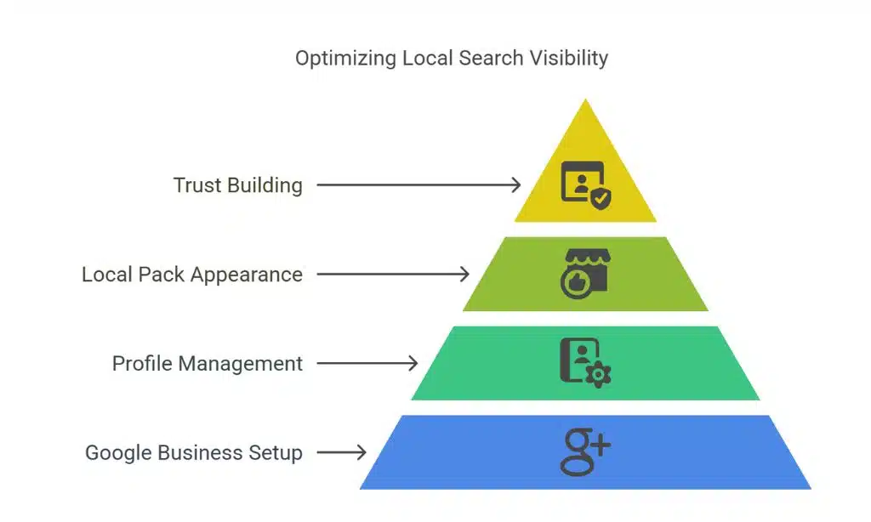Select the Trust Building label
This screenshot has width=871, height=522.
pos(237,185)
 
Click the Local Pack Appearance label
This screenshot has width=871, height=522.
pos(191,275)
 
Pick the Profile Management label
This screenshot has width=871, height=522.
pos(207,364)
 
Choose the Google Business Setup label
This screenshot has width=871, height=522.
pos(193,453)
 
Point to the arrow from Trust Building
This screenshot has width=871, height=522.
pos(418,185)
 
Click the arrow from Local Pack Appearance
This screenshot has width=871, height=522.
pos(392,275)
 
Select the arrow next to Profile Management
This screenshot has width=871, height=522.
pos(367,364)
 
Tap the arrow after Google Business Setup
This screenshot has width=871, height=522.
pos(341,453)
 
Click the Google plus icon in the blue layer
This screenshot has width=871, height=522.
pos(585,451)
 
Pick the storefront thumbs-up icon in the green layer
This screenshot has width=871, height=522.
pos(585,273)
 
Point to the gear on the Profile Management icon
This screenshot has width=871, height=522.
pos(601,375)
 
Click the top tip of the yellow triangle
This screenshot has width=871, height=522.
pos(585,102)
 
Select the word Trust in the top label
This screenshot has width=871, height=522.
pos(198,185)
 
